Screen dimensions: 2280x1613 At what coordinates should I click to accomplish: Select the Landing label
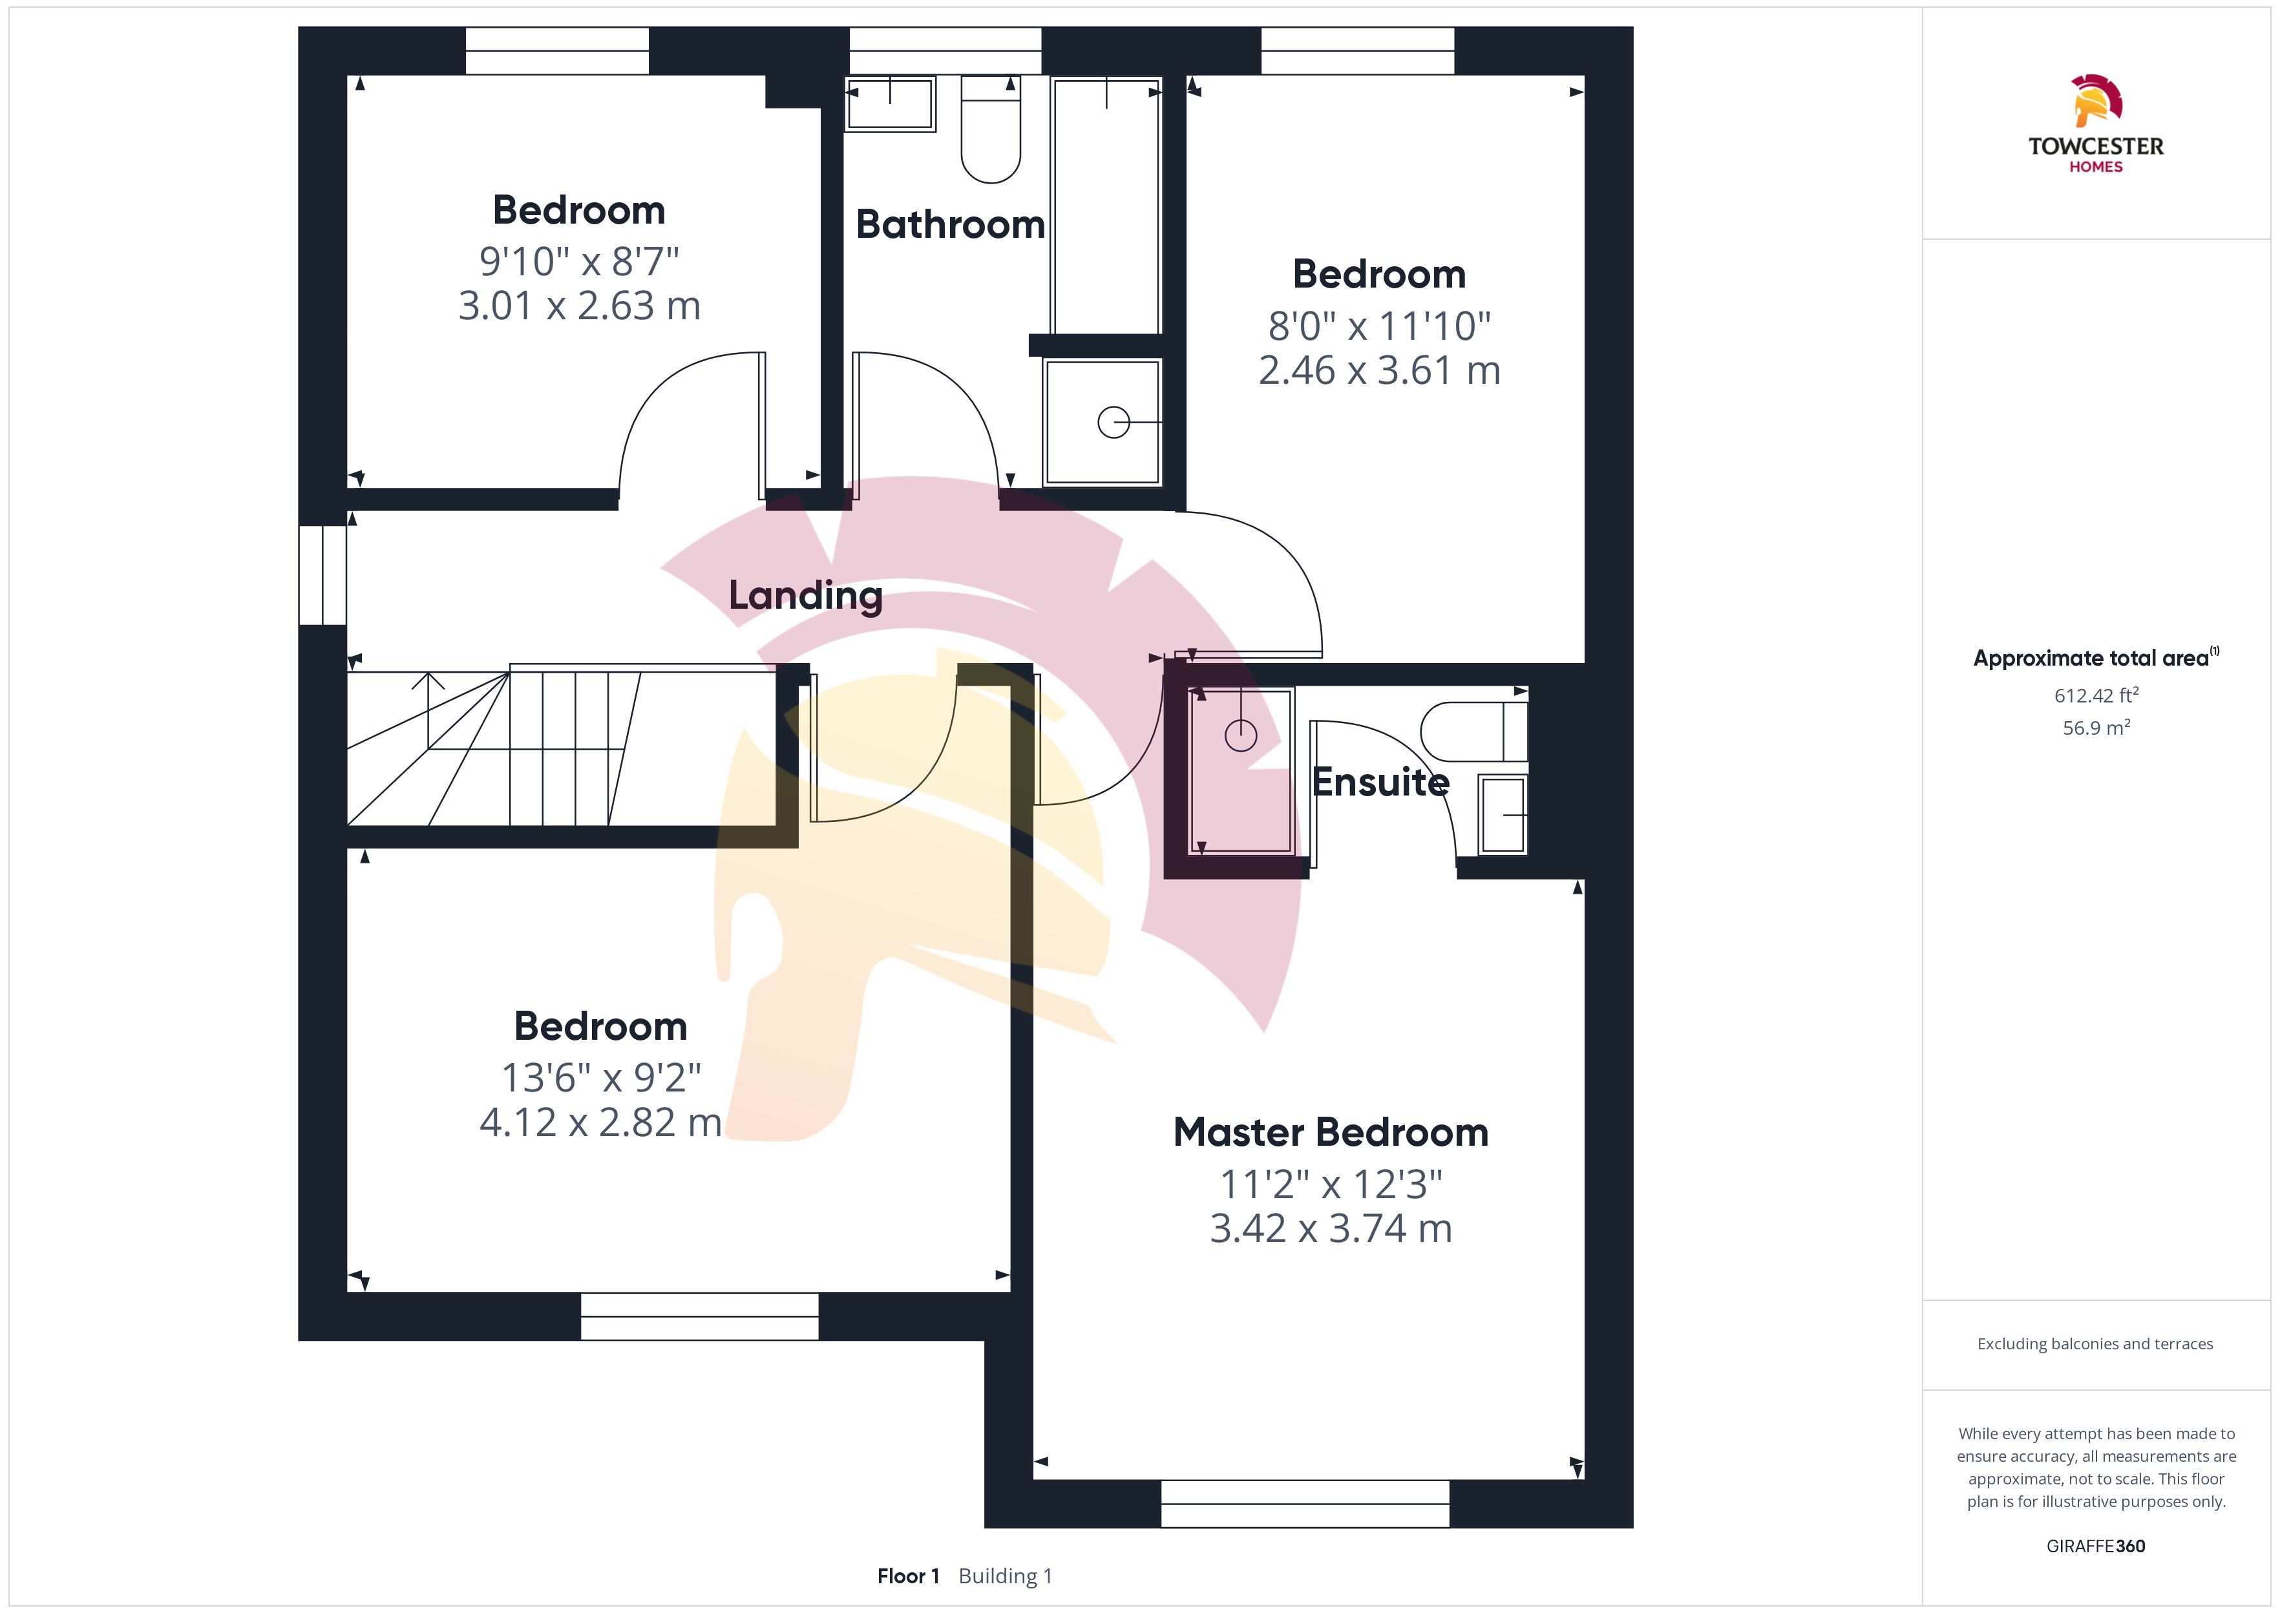tap(805, 596)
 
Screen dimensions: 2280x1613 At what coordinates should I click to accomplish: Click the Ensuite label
tap(1380, 783)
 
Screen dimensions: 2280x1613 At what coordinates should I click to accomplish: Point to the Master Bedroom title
tap(1331, 1132)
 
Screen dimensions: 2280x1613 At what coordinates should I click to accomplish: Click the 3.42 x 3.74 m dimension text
tap(1331, 1228)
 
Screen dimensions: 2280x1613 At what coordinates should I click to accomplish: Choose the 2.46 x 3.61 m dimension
tap(1379, 370)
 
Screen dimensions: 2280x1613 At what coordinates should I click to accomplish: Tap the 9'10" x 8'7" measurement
tap(579, 261)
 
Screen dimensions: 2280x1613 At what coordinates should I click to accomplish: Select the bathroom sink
tap(890, 103)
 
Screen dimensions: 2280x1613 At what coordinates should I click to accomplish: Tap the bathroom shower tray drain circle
tap(1114, 422)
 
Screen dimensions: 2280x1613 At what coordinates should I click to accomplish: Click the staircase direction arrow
tap(428, 710)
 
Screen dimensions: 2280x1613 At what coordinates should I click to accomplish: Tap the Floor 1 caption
tap(907, 1576)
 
